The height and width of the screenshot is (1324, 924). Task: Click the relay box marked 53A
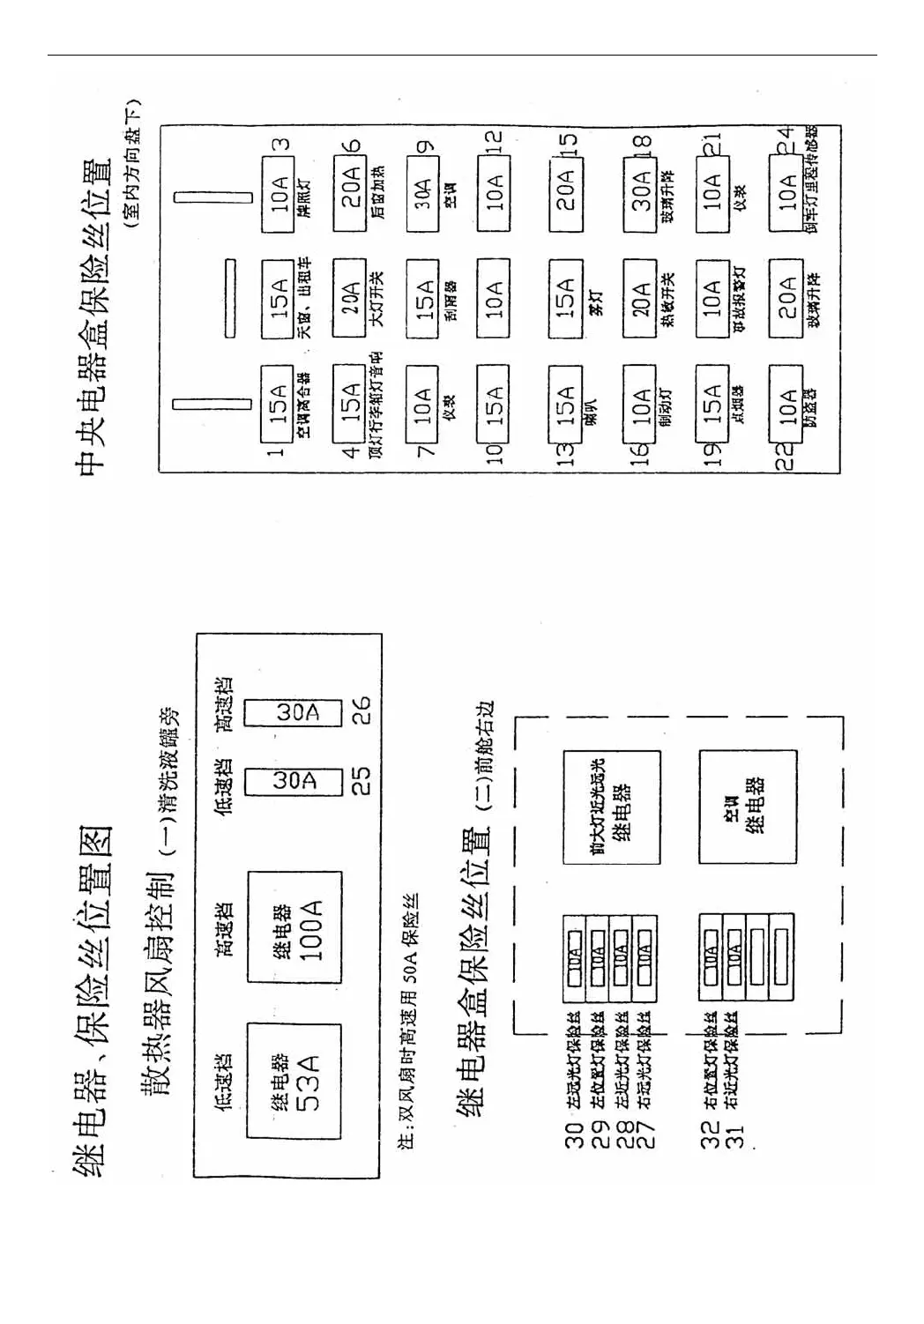coord(294,1082)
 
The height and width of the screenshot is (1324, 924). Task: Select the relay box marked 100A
coord(294,927)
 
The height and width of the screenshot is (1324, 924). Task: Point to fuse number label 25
coord(361,780)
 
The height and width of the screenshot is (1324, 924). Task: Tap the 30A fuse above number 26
coord(293,712)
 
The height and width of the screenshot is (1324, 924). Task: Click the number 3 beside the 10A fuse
coord(281,145)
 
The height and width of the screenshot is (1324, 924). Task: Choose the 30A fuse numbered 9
coord(422,194)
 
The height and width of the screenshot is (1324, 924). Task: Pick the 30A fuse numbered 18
coord(640,194)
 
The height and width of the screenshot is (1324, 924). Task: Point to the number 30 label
coord(575,1135)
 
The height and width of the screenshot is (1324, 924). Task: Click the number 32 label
coord(711,1135)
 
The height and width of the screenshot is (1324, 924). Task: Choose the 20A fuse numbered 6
coord(350,194)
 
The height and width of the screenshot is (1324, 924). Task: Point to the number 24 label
coord(785,139)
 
